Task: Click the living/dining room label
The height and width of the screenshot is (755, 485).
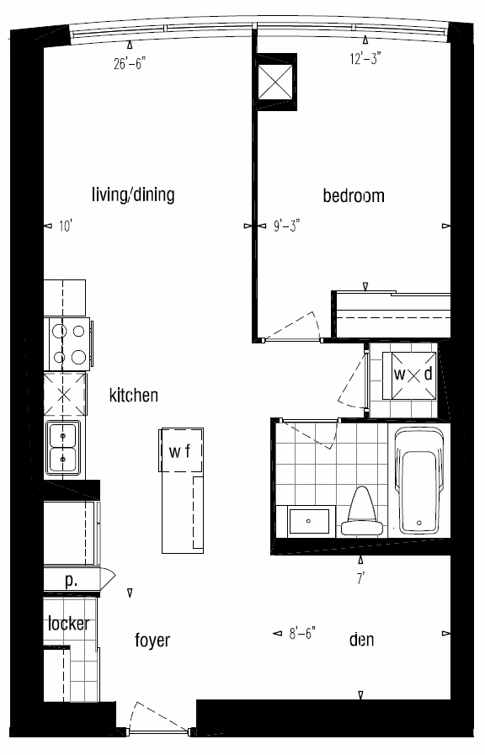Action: (x=133, y=195)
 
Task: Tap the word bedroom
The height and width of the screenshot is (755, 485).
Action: (x=354, y=195)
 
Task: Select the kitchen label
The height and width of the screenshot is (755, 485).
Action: (x=133, y=395)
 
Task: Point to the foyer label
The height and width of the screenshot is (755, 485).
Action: (x=152, y=641)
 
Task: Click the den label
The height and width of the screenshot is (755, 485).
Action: (x=361, y=640)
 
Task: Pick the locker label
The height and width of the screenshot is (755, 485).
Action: (x=68, y=624)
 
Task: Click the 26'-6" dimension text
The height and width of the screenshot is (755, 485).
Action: (x=130, y=64)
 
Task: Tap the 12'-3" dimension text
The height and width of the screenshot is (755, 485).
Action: (x=365, y=59)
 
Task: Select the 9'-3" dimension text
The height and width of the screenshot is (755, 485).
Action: (x=286, y=226)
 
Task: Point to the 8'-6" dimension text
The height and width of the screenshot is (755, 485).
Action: (x=302, y=633)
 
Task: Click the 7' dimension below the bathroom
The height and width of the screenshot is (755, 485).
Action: (x=360, y=577)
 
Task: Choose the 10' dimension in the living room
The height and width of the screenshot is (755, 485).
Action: (x=66, y=226)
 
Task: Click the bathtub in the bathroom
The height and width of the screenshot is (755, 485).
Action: (x=418, y=480)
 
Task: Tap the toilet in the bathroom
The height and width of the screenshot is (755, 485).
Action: (x=362, y=513)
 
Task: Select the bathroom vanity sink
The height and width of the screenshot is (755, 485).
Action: (x=309, y=522)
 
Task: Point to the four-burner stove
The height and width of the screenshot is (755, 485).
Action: (x=68, y=344)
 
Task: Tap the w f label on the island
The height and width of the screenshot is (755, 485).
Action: (x=179, y=451)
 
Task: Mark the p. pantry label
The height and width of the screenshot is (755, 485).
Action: (x=71, y=581)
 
